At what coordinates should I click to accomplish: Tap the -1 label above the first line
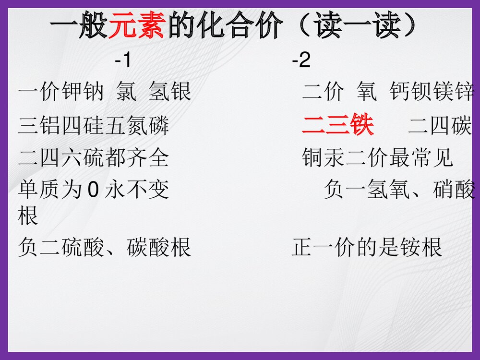pos(122,61)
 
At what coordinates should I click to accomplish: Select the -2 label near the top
pos(301,61)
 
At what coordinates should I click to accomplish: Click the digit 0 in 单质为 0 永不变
pos(94,190)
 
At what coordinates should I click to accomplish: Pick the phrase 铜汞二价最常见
pos(378,157)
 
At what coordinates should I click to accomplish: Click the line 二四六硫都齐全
pos(93,157)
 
